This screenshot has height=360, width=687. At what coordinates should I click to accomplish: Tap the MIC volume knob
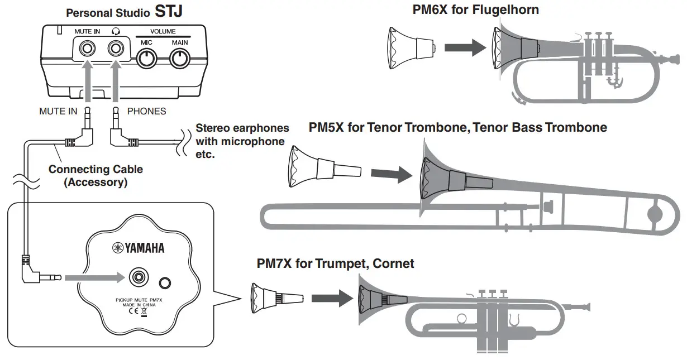pyautogui.click(x=146, y=57)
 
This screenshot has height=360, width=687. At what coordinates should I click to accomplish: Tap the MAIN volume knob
pyautogui.click(x=180, y=57)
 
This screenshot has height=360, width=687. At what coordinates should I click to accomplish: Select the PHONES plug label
pyautogui.click(x=146, y=112)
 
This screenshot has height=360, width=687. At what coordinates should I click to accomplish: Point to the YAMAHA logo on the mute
pyautogui.click(x=140, y=248)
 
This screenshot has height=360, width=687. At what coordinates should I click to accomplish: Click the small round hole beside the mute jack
pyautogui.click(x=164, y=283)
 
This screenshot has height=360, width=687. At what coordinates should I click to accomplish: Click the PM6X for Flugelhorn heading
pyautogui.click(x=475, y=9)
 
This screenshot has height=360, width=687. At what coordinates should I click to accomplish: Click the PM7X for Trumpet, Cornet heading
pyautogui.click(x=335, y=263)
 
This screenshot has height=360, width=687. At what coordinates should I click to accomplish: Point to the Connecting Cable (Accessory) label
pyautogui.click(x=96, y=175)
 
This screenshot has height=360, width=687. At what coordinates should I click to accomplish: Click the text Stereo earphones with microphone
pyautogui.click(x=242, y=135)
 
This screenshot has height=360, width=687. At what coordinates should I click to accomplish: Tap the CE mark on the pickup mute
pyautogui.click(x=130, y=313)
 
